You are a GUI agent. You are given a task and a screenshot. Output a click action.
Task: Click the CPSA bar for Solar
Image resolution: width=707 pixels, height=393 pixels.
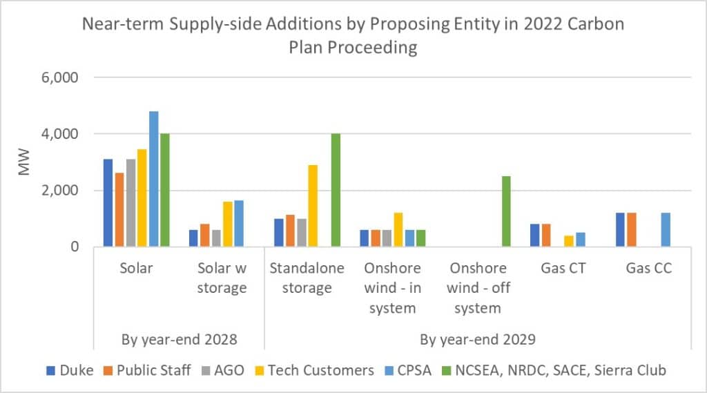coord(153,179)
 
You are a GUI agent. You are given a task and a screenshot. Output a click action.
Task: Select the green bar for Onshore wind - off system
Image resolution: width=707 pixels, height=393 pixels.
coord(506,211)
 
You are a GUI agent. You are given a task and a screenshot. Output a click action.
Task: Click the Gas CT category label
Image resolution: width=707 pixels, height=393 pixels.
coord(563,268)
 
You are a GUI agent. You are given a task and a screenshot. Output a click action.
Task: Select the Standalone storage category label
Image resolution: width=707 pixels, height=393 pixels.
coord(307,278)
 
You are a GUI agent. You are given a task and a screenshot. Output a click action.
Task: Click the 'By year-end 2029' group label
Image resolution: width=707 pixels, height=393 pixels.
coord(477,339)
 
